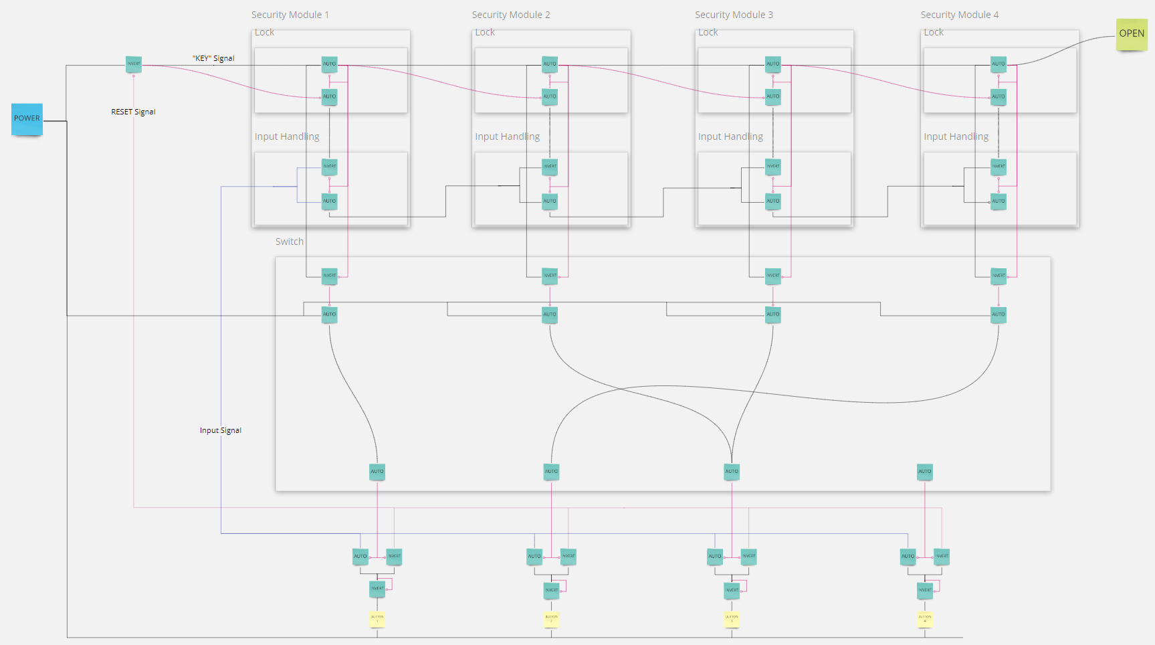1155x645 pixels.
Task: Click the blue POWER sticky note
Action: coord(27,119)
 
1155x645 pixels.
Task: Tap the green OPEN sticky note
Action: coord(1132,34)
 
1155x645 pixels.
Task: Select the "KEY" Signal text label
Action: coord(213,58)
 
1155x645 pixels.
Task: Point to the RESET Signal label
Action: coord(133,112)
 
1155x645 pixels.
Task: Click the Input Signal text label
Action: coord(220,430)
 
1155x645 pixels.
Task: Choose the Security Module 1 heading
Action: coord(290,15)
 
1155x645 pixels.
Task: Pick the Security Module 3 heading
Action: coord(734,15)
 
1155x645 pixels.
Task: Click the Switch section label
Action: coord(289,242)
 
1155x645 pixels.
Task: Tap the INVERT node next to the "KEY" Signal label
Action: coord(134,64)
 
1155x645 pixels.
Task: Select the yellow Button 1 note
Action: coord(377,619)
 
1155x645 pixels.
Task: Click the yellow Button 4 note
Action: coord(925,619)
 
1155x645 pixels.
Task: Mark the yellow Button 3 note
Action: coord(732,619)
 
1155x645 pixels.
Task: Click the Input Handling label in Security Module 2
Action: coord(507,136)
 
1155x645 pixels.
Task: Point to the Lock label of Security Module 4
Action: coord(933,32)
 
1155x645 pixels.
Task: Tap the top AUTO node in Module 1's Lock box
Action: coord(330,64)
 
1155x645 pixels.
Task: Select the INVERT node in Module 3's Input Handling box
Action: coord(773,167)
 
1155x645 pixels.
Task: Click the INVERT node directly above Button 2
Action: coord(551,590)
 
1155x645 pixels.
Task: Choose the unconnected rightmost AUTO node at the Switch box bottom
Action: coord(925,472)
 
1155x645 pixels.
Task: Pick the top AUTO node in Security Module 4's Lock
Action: coord(999,64)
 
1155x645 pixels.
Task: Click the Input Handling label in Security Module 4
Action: coord(956,136)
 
